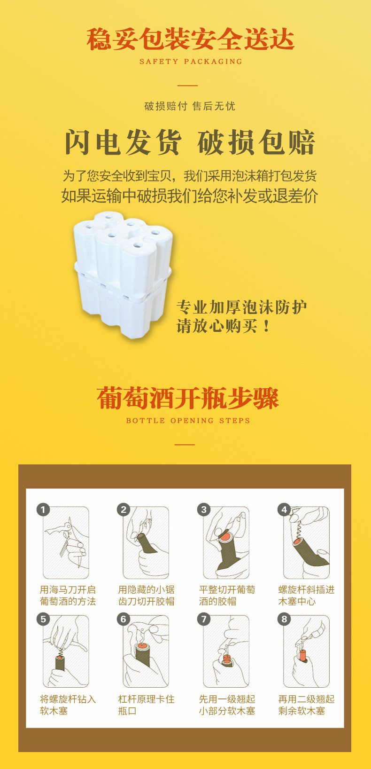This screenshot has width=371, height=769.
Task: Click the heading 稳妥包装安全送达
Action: (190, 39)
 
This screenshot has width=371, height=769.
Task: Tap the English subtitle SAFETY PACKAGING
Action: (191, 62)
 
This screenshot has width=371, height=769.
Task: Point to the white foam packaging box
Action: (123, 275)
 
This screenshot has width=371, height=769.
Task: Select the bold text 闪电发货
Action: (123, 142)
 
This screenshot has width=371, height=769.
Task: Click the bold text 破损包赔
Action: (256, 142)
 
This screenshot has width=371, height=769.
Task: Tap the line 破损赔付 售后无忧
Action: (190, 106)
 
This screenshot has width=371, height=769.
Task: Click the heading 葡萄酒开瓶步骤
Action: (187, 398)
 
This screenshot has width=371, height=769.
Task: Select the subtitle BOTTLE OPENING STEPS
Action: (188, 421)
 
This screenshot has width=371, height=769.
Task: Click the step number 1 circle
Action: (43, 510)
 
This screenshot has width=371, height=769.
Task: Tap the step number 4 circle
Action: (284, 510)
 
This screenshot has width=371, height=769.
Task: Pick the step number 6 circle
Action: (124, 619)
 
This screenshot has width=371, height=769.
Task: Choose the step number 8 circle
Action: (284, 619)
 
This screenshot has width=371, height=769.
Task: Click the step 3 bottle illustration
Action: (226, 542)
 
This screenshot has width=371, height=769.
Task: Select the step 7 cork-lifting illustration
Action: (226, 651)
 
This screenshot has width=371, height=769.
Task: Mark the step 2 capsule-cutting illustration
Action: (146, 542)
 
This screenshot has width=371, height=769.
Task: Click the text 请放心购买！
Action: (224, 326)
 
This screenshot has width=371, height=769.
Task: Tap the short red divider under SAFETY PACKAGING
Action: (187, 86)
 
